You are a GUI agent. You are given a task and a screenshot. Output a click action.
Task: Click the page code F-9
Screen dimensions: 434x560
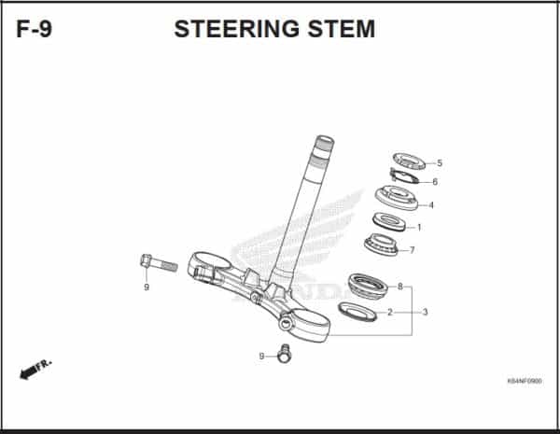[x=35, y=29]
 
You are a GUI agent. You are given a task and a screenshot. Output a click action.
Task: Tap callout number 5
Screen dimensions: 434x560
[x=440, y=163]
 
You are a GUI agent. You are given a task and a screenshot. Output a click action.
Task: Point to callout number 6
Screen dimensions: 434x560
[x=435, y=182]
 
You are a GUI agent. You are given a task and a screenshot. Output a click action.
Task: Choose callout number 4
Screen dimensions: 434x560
[x=430, y=204]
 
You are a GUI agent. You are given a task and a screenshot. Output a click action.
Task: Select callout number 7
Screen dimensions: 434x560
[x=412, y=250]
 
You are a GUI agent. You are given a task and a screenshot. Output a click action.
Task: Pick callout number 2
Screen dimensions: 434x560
[x=390, y=312]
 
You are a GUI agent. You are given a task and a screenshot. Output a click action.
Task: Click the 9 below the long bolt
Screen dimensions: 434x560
[x=146, y=287]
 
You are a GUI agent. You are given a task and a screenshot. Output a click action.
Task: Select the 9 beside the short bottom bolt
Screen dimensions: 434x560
[x=262, y=357]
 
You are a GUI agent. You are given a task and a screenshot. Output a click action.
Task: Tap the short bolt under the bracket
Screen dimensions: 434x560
[x=286, y=354]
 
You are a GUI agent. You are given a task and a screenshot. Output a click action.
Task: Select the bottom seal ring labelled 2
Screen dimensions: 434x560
[x=356, y=312]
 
